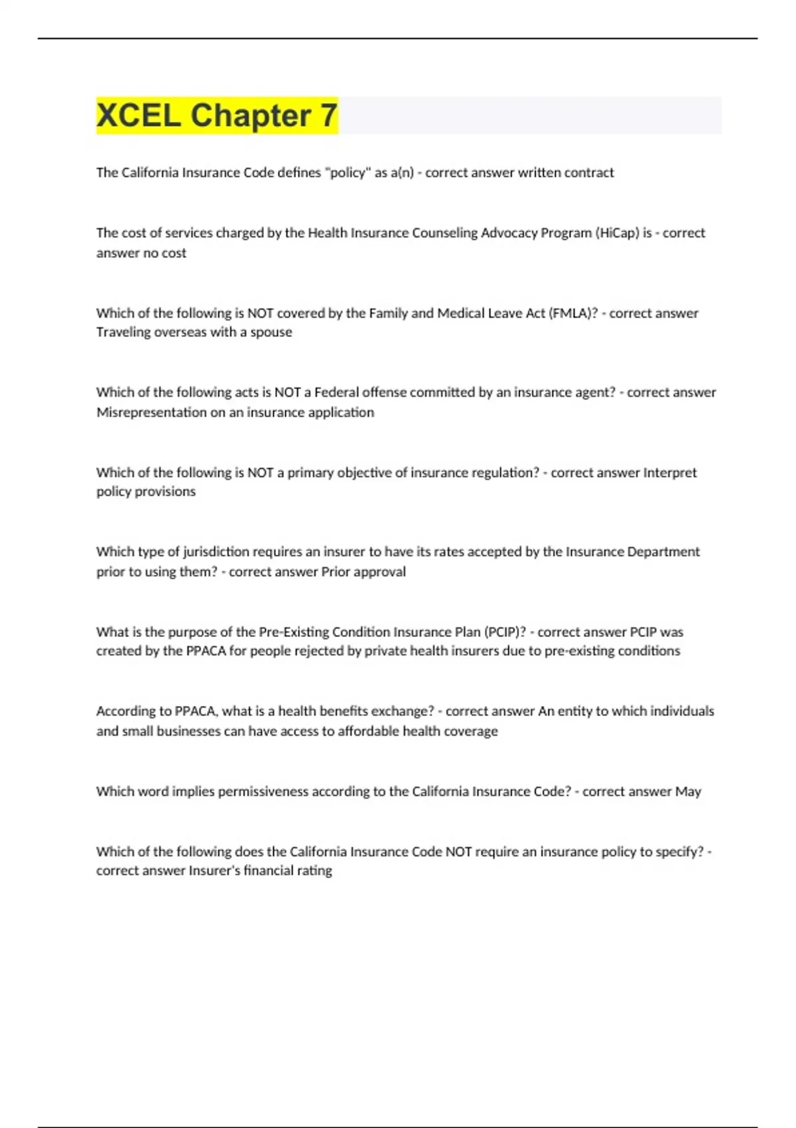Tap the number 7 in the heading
coord(328,115)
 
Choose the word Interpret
coord(670,472)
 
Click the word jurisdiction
coord(215,552)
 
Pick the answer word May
coord(688,792)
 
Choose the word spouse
coord(271,332)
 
